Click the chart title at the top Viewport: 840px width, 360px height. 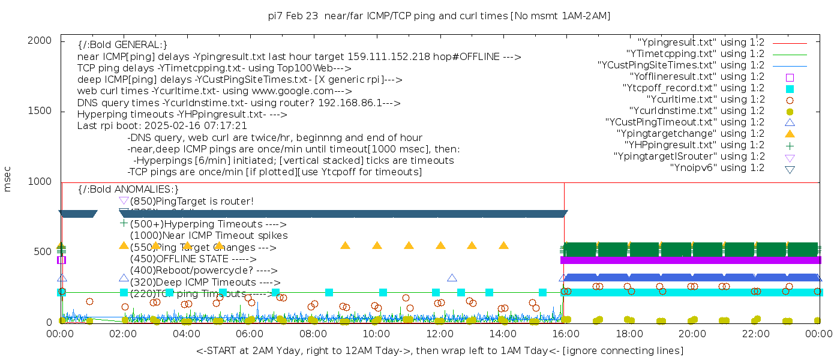pyautogui.click(x=439, y=16)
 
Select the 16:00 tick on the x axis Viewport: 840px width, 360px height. pyautogui.click(x=565, y=334)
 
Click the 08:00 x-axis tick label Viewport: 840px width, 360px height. pyautogui.click(x=312, y=334)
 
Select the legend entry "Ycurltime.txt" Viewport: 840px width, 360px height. pyautogui.click(x=706, y=100)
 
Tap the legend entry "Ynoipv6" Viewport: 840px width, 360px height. pyautogui.click(x=717, y=168)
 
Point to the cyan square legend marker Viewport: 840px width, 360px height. pyautogui.click(x=790, y=88)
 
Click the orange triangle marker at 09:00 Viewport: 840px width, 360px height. pyautogui.click(x=345, y=245)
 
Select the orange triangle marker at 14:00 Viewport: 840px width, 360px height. pyautogui.click(x=503, y=245)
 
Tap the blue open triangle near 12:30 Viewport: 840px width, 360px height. pyautogui.click(x=452, y=278)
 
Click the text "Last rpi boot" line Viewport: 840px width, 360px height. pyautogui.click(x=162, y=126)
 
